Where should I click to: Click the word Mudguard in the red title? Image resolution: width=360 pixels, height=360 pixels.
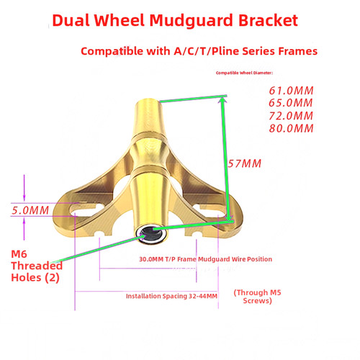[192, 21]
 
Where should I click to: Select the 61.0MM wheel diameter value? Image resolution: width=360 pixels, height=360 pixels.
[291, 91]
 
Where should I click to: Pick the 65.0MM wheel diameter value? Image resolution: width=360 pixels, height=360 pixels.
[291, 103]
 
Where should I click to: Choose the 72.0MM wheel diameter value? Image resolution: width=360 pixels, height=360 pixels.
[291, 116]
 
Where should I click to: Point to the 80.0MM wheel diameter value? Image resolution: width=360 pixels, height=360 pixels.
[291, 128]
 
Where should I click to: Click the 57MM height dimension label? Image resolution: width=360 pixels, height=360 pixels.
[245, 163]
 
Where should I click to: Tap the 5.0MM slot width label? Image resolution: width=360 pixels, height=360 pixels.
[30, 210]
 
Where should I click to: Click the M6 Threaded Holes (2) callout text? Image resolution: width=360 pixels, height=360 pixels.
[37, 266]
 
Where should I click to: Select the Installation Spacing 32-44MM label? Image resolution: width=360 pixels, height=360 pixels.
[171, 296]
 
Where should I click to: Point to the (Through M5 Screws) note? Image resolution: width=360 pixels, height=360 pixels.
[257, 297]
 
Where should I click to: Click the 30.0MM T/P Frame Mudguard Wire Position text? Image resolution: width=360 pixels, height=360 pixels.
[206, 259]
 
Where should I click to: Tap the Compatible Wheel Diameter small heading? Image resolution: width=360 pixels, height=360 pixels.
[244, 73]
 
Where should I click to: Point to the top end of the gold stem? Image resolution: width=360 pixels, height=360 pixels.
[148, 101]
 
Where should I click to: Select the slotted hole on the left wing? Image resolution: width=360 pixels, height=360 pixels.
[87, 210]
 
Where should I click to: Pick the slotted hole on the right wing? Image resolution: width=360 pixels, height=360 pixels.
[210, 210]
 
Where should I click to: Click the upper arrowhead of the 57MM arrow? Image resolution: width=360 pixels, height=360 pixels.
[222, 99]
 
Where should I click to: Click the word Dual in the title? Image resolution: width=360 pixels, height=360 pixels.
[71, 20]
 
